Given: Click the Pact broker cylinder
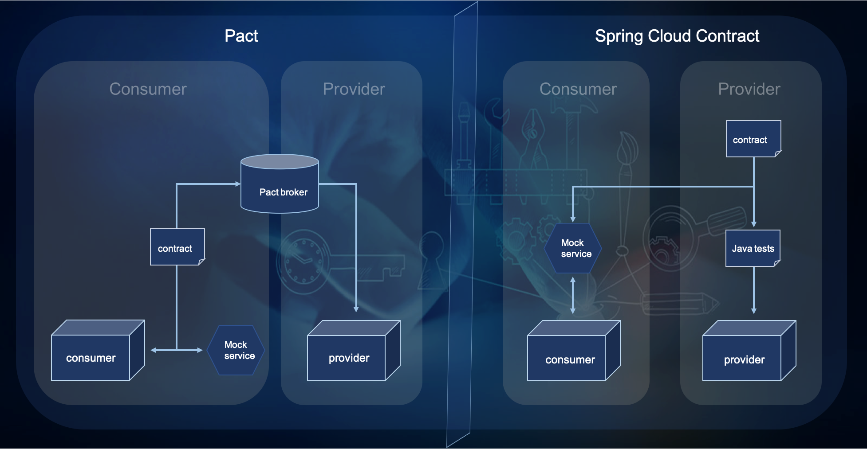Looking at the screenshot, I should (x=280, y=186).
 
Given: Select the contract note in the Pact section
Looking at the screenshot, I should (x=177, y=247).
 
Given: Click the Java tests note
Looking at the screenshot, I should (x=753, y=248).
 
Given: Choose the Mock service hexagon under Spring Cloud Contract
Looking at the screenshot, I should (x=573, y=248).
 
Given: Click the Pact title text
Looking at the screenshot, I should (x=241, y=36).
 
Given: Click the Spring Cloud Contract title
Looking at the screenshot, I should (x=677, y=36).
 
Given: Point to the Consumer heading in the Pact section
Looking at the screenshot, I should (x=148, y=89).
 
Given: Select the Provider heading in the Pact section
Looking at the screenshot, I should (x=354, y=89).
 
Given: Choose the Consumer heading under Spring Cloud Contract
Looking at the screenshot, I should (x=578, y=89).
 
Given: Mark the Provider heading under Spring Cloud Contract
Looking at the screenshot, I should (x=749, y=89).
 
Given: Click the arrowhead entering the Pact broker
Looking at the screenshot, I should (x=238, y=184).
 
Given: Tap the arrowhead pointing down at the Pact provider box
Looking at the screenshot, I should (x=356, y=309).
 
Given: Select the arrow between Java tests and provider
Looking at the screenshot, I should (x=753, y=290).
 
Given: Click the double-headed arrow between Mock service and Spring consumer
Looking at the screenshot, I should (x=573, y=295).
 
